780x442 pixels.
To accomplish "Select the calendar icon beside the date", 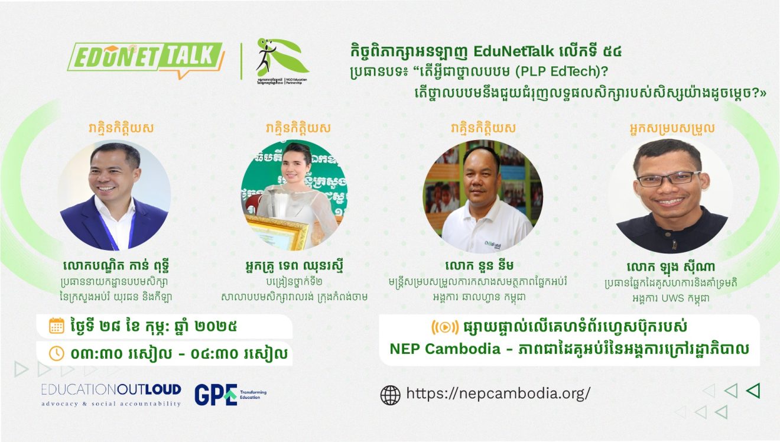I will point(57,326).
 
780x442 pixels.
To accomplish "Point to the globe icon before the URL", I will point(390,394).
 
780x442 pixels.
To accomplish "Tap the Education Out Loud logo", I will point(111,394).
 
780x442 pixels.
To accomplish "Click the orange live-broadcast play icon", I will point(445,326).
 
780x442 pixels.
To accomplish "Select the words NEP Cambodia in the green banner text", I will point(444,349).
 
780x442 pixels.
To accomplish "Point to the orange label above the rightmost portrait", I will point(671,128).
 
